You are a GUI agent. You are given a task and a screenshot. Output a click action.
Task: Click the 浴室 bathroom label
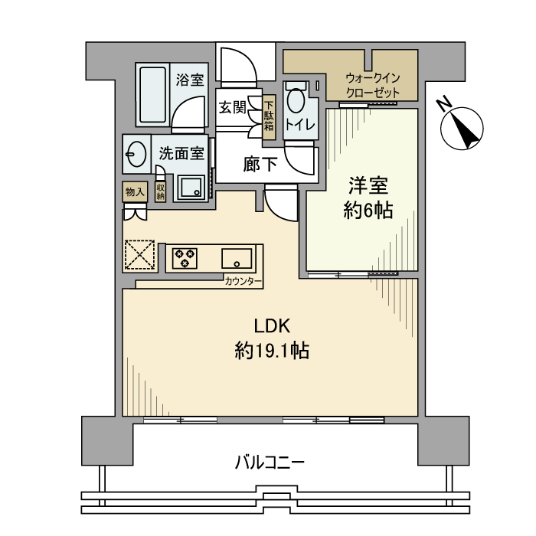(x=189, y=79)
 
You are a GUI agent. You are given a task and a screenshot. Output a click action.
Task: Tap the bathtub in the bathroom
(x=152, y=95)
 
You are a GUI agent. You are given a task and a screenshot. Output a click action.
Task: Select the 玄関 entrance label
(x=232, y=108)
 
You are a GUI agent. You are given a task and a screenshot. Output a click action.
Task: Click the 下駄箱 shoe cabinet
(x=269, y=116)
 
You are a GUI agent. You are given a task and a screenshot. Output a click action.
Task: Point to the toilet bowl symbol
(x=295, y=101)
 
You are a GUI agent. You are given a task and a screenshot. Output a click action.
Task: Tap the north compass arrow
(x=464, y=126)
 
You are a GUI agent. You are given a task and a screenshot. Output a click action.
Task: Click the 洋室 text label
(x=368, y=187)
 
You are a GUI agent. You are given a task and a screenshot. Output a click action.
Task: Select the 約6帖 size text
(x=368, y=211)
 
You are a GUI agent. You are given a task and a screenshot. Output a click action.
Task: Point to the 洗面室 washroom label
(x=181, y=153)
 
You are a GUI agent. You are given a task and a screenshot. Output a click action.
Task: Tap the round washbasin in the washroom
(x=135, y=155)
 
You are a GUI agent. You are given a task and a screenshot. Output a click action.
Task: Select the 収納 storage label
(x=161, y=192)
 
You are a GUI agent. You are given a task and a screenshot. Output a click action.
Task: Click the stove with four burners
(x=185, y=257)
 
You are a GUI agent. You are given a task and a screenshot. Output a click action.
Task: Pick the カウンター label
(x=243, y=283)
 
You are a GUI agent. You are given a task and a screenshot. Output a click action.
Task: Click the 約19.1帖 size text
(x=272, y=351)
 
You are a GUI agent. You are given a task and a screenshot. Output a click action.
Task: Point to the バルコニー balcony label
(x=270, y=462)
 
